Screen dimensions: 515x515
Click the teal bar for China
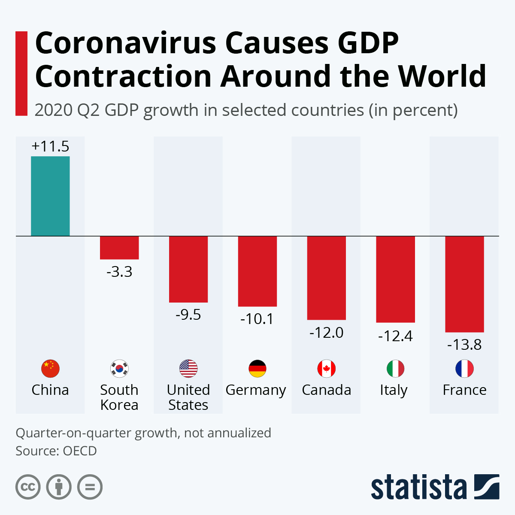[50, 196]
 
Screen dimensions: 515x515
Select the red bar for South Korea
[119, 248]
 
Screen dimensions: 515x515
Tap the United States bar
[188, 269]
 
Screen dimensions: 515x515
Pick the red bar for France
[464, 284]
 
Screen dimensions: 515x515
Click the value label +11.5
[50, 146]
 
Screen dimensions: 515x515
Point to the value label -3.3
[119, 272]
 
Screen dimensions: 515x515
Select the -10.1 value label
[257, 319]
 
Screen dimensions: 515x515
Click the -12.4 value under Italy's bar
[395, 336]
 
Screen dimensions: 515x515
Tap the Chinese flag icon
[50, 368]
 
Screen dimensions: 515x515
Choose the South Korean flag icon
[119, 368]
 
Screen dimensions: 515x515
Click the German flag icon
[257, 368]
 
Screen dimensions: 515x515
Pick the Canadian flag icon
[327, 368]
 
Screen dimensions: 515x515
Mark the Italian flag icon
[395, 368]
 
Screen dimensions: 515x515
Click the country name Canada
[327, 390]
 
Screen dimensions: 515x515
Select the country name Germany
[256, 391]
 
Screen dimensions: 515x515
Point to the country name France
[464, 390]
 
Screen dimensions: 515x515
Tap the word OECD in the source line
[80, 451]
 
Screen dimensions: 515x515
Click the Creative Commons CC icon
[28, 487]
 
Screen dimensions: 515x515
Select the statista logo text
[418, 487]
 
